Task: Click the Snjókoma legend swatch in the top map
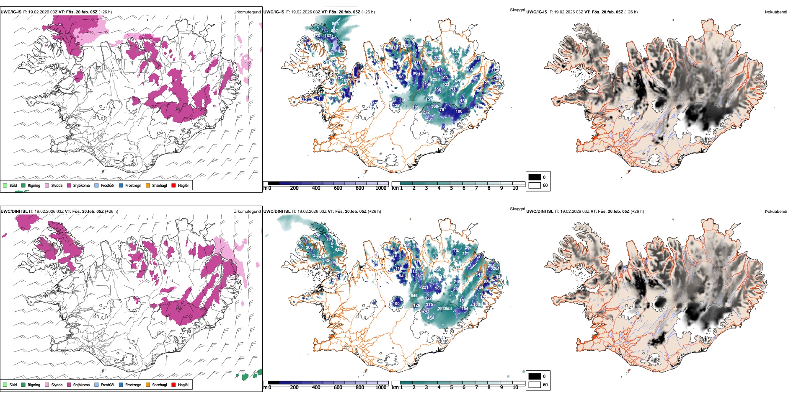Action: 69,185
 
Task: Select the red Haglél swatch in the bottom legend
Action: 173,385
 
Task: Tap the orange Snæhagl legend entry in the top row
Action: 148,185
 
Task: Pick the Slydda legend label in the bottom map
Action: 57,385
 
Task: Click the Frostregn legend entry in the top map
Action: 133,185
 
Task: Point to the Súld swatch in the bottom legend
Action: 5,385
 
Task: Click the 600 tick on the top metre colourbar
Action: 338,188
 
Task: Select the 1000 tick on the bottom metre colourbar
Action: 381,388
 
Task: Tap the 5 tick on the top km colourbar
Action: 451,188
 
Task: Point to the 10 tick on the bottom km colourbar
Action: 515,388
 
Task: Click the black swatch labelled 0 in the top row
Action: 535,177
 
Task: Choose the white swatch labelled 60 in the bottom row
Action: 535,385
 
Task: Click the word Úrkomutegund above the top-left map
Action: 247,12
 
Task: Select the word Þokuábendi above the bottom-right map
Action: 776,212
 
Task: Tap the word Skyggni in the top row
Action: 517,10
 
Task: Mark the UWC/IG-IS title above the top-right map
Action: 537,12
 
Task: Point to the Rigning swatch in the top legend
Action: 23,185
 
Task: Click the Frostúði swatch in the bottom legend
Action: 97,385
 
